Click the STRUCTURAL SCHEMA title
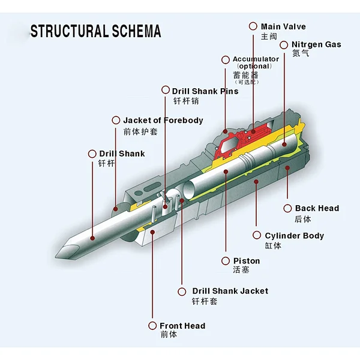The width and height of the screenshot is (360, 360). pos(96,31)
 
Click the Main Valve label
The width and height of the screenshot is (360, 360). pos(283,26)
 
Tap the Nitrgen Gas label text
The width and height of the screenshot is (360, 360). pos(316,44)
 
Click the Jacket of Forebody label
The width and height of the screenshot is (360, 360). pos(163,120)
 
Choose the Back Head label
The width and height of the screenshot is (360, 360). pos(317,208)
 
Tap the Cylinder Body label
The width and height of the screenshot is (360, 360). pos(294,236)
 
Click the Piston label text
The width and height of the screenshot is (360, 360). pos(247,261)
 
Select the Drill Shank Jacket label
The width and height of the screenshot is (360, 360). pos(230,291)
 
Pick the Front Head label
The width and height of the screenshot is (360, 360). pos(182,326)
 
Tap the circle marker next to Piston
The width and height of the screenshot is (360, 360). pos(226,261)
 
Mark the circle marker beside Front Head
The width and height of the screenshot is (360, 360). pos(152,326)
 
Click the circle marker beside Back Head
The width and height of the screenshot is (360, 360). pos(288,208)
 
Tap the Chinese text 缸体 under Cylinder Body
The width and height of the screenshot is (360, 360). pos(273,246)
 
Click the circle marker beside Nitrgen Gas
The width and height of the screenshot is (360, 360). pos(284,44)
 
